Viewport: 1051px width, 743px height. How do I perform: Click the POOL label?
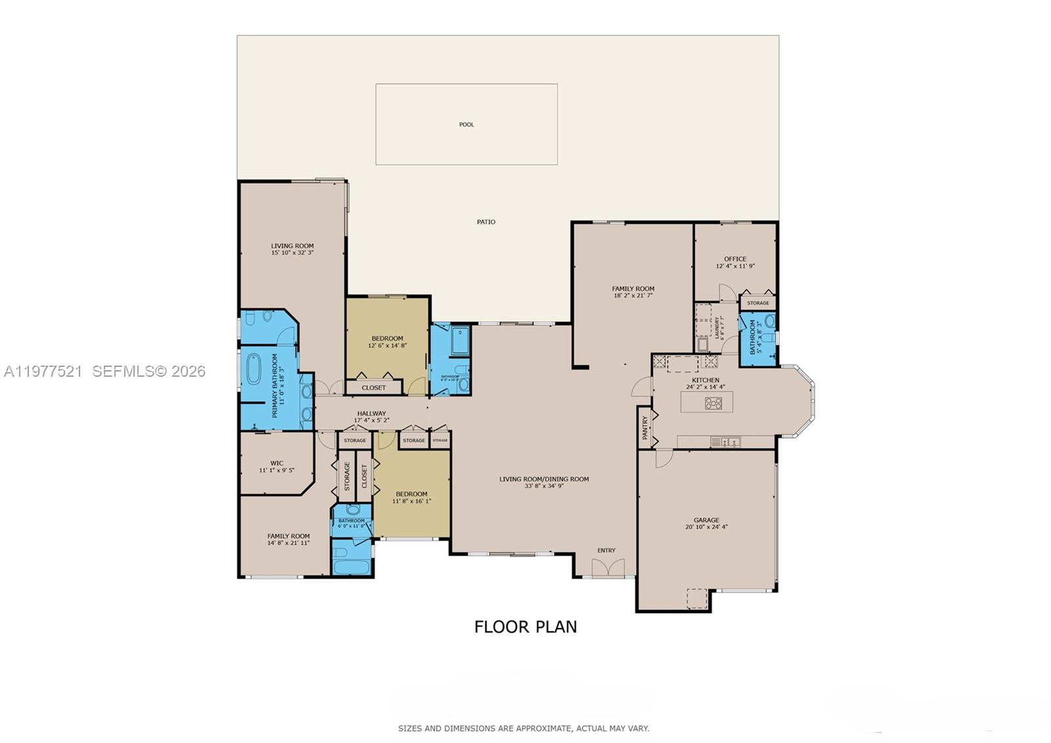coord(466,124)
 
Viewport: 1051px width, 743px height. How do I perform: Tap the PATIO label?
coord(486,222)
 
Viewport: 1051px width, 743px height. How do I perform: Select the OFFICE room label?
coord(735,259)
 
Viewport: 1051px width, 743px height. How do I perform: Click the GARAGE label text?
coord(706,520)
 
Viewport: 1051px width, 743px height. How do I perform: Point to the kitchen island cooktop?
coord(713,403)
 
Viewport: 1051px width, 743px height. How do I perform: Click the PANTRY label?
coord(646,428)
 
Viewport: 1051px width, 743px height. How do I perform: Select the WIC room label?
coord(277,463)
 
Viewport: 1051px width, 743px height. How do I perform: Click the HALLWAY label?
coord(372,414)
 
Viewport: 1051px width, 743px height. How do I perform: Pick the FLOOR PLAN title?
coord(525,627)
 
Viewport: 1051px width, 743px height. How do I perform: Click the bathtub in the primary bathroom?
coord(254,370)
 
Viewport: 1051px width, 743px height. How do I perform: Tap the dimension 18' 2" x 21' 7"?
coord(633,296)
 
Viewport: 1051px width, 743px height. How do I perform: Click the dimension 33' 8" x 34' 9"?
coord(544,487)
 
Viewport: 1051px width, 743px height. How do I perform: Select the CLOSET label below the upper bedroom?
coord(374,388)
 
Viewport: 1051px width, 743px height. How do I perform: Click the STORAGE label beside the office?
coord(757,303)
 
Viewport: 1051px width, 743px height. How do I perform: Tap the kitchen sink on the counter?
coord(725,442)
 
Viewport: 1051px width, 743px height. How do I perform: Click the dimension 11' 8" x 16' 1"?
coord(411,501)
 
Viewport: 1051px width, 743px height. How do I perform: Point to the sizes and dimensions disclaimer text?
coord(524,729)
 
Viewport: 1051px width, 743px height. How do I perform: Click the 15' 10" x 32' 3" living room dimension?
coord(292,252)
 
